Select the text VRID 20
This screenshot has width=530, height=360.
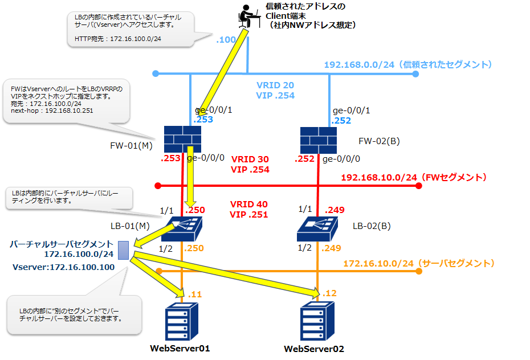[x=275, y=85]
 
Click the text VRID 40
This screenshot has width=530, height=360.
[x=249, y=204]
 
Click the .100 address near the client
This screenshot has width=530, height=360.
[x=226, y=40]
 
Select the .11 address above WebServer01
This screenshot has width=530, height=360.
[x=194, y=294]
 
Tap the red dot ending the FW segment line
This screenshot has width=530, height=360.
[x=159, y=186]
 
